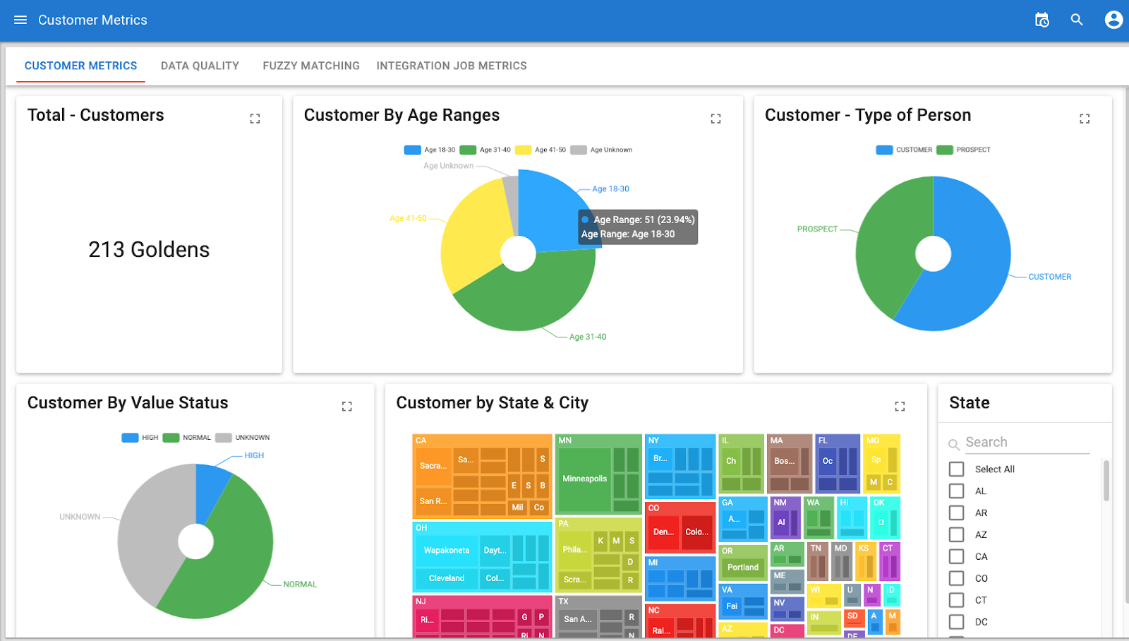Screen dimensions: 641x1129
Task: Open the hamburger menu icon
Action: (x=20, y=20)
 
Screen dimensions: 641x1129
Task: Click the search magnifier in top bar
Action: (x=1077, y=20)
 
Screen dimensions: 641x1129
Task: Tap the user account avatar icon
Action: (x=1113, y=20)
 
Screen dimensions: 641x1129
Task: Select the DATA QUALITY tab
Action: (x=200, y=66)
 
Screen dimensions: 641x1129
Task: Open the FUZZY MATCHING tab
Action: (x=311, y=66)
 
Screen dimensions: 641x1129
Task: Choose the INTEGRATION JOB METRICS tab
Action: (x=452, y=66)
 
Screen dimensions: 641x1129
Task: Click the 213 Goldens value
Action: (x=149, y=250)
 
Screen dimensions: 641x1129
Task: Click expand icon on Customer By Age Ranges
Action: (x=716, y=119)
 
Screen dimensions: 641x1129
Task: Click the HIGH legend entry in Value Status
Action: (x=140, y=438)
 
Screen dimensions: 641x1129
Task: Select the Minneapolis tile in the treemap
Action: (x=584, y=479)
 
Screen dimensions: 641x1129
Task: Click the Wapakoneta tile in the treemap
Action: (x=446, y=550)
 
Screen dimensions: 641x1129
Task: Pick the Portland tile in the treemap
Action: (x=743, y=567)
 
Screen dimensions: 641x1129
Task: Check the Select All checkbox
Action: (x=957, y=469)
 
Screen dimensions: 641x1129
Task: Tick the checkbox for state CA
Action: (x=957, y=556)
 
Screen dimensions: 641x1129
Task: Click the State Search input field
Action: (x=1027, y=443)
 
